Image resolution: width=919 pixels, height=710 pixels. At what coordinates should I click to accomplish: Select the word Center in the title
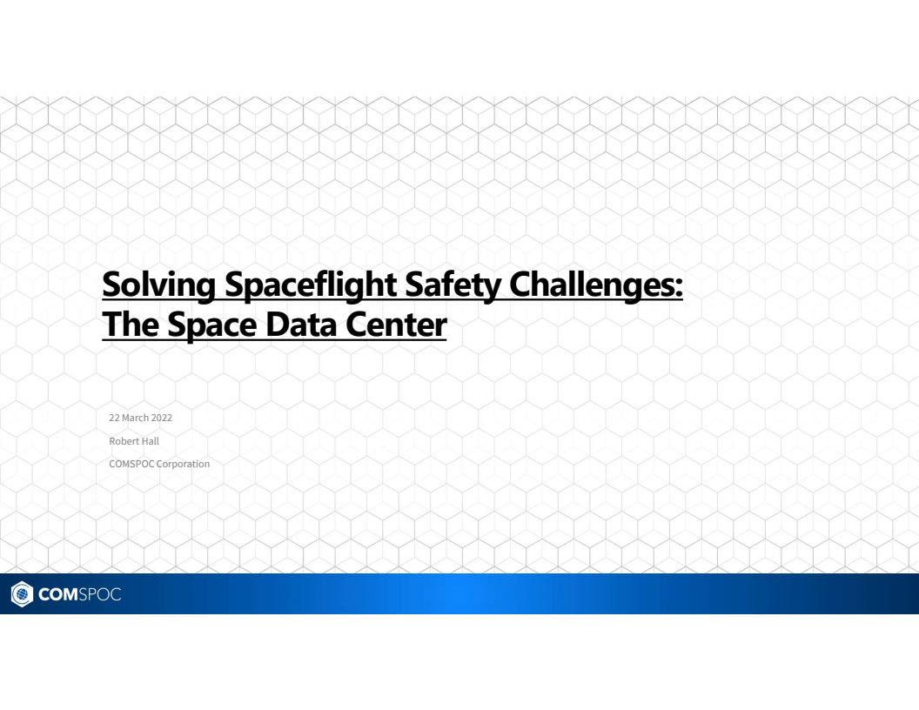397,325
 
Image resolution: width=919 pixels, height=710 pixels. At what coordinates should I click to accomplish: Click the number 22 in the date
114,419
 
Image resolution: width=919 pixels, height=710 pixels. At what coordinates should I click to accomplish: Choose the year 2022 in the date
162,419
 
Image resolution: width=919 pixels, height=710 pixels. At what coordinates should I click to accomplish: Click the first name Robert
121,441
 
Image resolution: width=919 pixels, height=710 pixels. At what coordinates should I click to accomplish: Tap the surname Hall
149,441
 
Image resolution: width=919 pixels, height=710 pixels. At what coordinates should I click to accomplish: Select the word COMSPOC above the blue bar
129,464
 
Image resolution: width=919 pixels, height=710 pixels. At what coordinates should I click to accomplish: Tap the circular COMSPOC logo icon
18,594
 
